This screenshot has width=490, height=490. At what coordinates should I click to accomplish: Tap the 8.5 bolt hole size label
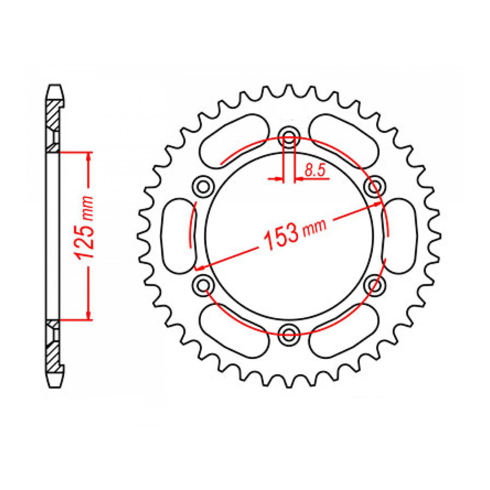[x=314, y=171]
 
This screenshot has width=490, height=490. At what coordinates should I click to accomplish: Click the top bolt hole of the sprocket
[x=289, y=135]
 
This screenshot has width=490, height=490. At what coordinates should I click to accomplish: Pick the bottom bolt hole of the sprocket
[x=289, y=333]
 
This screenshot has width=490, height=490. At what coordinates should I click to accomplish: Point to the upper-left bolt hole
[x=203, y=185]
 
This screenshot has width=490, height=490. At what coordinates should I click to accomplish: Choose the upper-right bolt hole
[x=375, y=185]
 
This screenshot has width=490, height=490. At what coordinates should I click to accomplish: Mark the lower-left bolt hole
[x=203, y=284]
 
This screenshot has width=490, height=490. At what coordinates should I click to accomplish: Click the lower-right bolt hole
[x=375, y=284]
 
